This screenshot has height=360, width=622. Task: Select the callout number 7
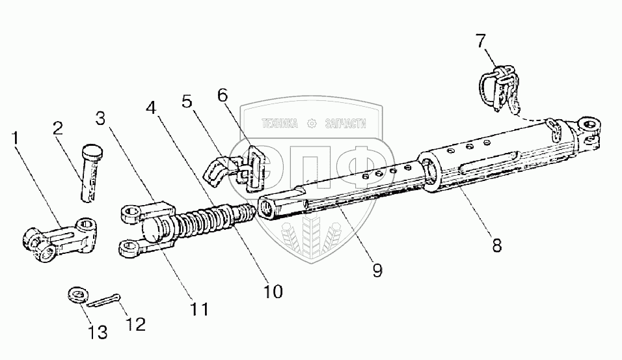481,42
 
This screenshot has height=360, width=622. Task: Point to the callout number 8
496,246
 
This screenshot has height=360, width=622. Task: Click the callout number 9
377,269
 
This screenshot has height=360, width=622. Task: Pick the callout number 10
274,291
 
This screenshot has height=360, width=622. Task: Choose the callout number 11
200,309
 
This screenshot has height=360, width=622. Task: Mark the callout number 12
136,324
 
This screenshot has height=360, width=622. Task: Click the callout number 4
151,107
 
